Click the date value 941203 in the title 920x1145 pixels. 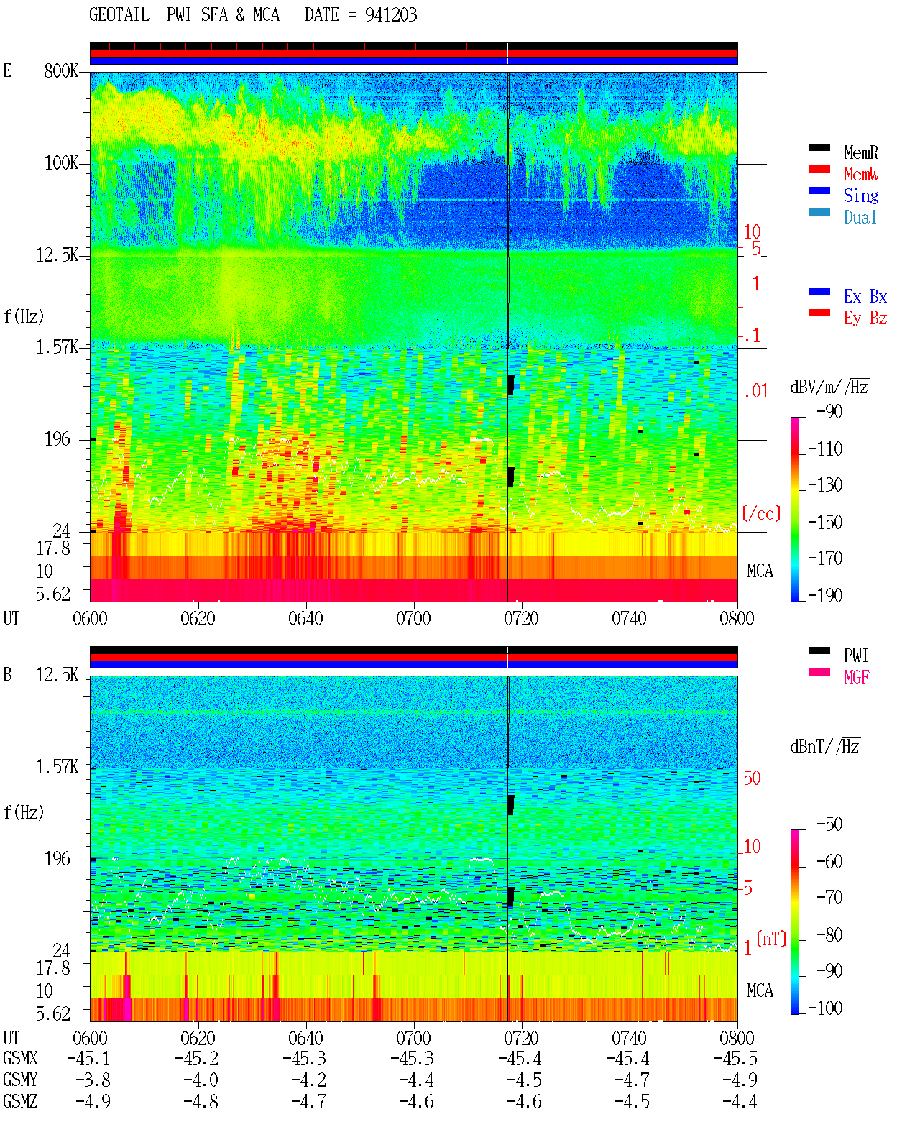390,15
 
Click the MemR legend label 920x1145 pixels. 860,152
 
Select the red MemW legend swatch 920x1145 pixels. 819,169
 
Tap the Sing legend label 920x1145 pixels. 860,196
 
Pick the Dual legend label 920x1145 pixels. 860,217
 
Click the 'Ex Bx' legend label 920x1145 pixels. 865,296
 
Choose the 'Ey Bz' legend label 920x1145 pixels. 865,318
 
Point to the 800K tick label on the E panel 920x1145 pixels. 61,70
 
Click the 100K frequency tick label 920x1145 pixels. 61,163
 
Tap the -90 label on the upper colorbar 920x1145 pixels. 829,411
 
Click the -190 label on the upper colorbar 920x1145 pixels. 825,595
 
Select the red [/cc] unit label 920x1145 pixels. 761,513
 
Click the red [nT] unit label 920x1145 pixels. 771,939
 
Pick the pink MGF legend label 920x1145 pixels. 856,677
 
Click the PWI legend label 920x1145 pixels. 855,656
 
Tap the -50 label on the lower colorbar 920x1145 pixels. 829,824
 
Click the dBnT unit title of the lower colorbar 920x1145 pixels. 824,747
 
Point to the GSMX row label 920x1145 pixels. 20,1058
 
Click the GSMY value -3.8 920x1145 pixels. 93,1080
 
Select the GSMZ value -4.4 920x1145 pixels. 740,1101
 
